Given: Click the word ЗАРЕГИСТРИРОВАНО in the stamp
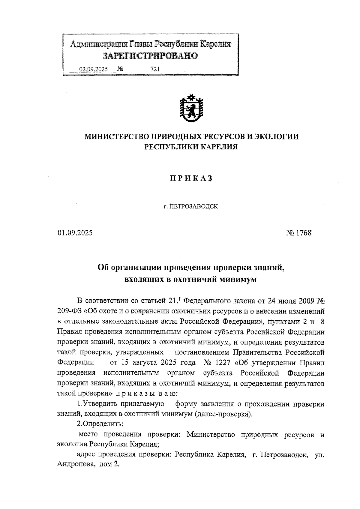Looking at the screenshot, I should [x=150, y=56].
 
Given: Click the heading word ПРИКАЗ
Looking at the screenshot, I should [x=191, y=178].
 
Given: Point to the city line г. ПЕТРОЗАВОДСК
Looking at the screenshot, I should [x=191, y=207].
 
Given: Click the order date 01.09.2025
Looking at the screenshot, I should [x=75, y=233].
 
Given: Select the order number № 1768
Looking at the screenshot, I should [x=299, y=233].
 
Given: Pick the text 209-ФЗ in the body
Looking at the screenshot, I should [x=68, y=311].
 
